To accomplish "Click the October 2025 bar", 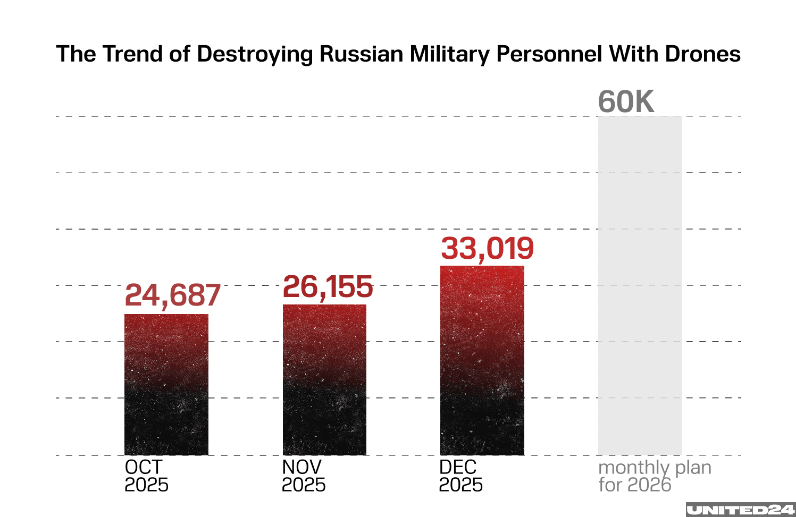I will (166, 384).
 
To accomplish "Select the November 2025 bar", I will (324, 379).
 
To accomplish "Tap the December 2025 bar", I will (482, 360).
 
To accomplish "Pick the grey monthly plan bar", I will (640, 285).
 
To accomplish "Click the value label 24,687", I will (172, 295).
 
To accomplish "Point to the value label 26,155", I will (328, 287).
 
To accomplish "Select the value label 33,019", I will (487, 249).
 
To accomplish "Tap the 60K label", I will (626, 101).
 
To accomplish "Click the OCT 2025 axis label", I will (146, 476).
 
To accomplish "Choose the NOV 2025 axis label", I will (303, 476).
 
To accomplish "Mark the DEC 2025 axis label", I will (460, 476).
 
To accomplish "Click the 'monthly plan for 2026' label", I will (655, 476).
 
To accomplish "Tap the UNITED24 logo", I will (740, 510).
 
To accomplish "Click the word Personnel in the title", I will (549, 54).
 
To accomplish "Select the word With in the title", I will (627, 54).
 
